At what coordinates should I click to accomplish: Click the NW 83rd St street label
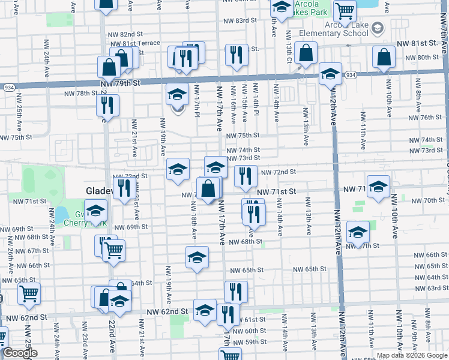tap(234, 20)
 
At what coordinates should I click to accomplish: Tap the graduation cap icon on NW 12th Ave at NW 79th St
tap(330, 74)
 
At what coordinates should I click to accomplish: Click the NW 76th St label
tap(432, 117)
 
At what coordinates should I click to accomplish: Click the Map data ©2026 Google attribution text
tap(412, 355)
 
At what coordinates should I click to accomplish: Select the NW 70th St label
tap(433, 200)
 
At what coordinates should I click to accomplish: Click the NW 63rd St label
tap(434, 288)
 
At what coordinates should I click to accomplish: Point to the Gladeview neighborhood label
tap(97, 191)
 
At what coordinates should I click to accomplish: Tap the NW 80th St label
tap(418, 57)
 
